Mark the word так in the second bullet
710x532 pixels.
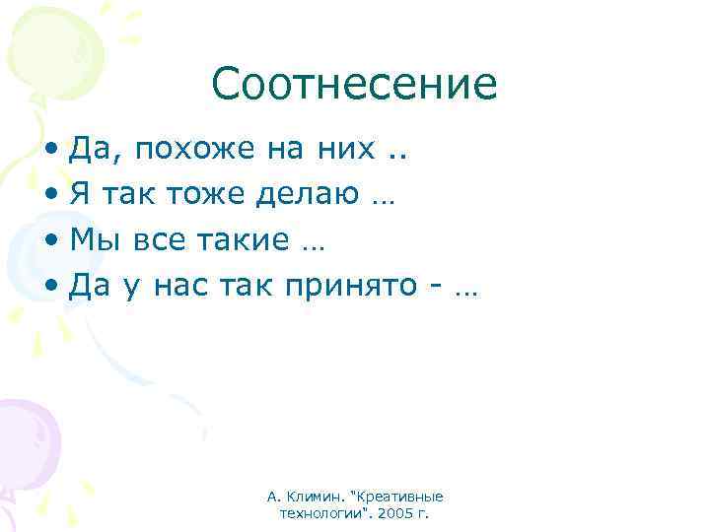129,194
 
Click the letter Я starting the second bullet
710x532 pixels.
82,194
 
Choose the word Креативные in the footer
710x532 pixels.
406,498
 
